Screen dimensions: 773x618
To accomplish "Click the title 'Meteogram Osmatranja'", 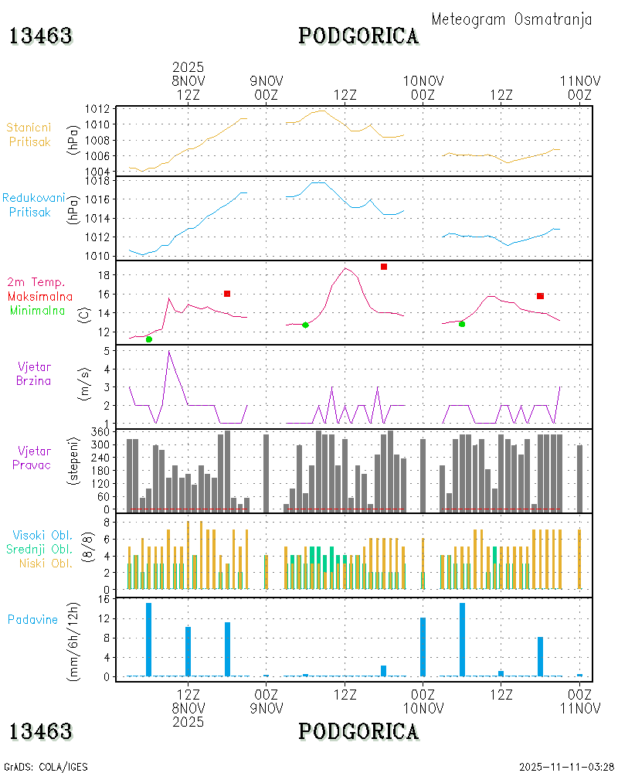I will tap(511, 20).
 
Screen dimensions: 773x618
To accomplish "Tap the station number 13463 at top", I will tap(41, 36).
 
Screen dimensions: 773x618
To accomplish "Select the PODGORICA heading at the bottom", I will tap(358, 731).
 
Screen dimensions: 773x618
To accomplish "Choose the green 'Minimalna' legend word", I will tap(38, 310).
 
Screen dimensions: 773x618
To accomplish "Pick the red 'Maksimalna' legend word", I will tap(40, 296).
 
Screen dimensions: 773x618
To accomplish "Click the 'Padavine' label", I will tap(32, 619).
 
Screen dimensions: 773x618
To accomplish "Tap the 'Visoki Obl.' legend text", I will tap(42, 535).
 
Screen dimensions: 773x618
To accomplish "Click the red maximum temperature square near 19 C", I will tap(384, 267).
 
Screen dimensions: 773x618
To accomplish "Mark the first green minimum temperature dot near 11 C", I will tap(149, 339).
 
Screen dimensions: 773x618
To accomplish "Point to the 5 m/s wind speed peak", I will tap(168, 351).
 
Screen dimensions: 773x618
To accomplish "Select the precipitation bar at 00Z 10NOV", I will tap(423, 646).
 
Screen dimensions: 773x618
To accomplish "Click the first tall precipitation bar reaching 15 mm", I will tap(149, 639).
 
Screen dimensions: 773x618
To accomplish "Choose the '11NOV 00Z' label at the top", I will tap(579, 87).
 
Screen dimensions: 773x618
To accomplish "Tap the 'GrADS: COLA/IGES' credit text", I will tap(46, 767).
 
